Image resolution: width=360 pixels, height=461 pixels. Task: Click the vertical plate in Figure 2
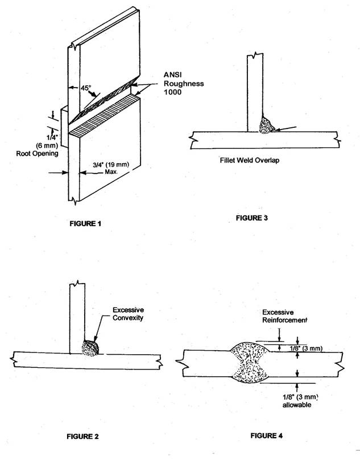pos(76,318)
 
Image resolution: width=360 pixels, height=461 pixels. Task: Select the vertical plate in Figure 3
pos(255,91)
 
